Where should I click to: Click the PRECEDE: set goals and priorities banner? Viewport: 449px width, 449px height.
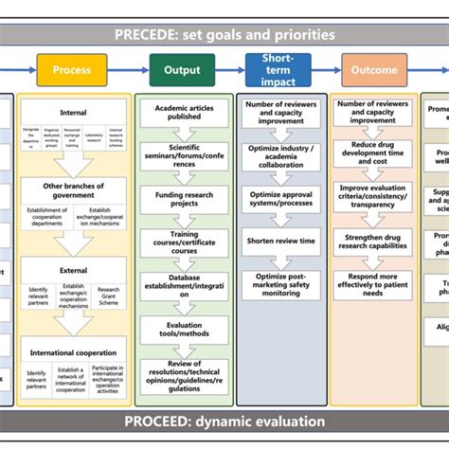(224, 35)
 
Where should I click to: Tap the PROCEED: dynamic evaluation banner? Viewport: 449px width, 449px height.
(224, 421)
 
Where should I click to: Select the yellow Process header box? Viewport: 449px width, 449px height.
(72, 70)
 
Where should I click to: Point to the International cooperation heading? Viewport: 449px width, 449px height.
(72, 352)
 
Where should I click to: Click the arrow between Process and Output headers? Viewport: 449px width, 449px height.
(129, 70)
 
